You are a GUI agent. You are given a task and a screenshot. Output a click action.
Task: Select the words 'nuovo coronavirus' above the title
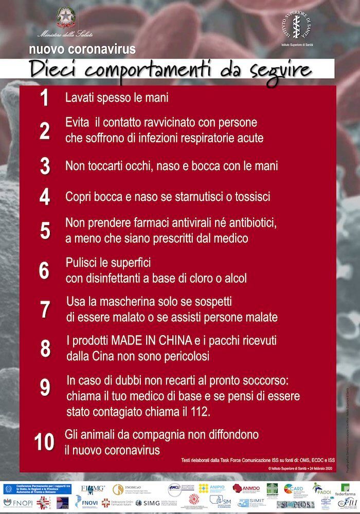click(82, 50)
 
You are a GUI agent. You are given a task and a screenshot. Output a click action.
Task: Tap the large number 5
click(45, 231)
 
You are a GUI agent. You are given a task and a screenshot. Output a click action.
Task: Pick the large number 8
click(45, 348)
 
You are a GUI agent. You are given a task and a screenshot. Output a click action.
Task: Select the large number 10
click(44, 442)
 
